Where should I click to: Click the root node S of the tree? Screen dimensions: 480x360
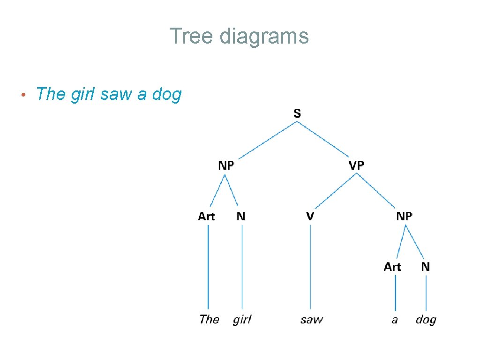[x=297, y=113]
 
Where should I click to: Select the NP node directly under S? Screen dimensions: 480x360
[x=226, y=165]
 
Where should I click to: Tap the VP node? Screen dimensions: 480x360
[x=356, y=165]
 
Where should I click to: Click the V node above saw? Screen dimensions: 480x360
[x=310, y=216]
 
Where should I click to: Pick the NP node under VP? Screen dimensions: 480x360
[x=404, y=216]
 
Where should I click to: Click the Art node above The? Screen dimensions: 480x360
[x=206, y=216]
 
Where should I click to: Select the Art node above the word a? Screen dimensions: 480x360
[x=392, y=267]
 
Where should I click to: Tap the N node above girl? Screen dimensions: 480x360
[x=240, y=216]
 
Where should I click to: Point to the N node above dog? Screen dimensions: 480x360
[x=425, y=267]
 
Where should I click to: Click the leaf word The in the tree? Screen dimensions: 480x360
[x=209, y=320]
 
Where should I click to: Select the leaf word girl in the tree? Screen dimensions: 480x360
[x=242, y=320]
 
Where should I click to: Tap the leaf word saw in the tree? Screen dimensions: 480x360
[x=312, y=320]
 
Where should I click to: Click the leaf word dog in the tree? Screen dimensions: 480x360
[x=426, y=320]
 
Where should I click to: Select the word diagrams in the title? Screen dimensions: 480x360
[x=264, y=36]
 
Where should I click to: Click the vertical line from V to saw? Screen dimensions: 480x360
[x=310, y=267]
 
